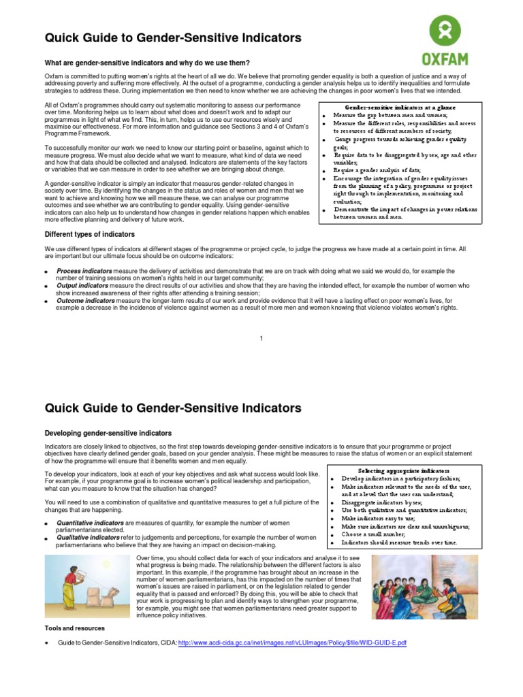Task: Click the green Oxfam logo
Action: point(444,39)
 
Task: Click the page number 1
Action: point(261,338)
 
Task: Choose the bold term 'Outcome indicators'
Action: point(86,300)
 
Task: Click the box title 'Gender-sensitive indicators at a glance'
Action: point(400,108)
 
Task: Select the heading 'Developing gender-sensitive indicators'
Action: point(108,433)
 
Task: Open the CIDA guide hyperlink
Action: point(292,643)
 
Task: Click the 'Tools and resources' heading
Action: point(75,628)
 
